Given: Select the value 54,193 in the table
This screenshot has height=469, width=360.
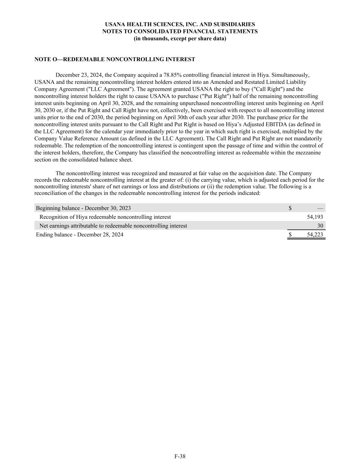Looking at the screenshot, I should [315, 217].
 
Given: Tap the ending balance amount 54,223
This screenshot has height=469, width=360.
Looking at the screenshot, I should [315, 235].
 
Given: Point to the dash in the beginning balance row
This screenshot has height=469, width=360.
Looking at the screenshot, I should [320, 208].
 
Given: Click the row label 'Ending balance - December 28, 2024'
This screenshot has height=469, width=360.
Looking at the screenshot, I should [80, 235].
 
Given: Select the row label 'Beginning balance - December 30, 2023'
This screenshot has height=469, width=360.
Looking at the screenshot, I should [83, 208].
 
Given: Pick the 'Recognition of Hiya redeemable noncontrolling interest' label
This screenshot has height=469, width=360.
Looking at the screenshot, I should [105, 217].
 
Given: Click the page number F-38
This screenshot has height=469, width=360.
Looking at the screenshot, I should [180, 456].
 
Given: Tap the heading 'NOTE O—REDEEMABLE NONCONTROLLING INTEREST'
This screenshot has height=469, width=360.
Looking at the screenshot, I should [115, 59].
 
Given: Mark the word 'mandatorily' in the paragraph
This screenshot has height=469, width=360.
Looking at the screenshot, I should [309, 138].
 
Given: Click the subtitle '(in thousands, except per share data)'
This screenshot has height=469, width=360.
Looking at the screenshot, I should [180, 38].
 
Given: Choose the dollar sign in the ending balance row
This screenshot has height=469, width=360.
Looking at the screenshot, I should [290, 235].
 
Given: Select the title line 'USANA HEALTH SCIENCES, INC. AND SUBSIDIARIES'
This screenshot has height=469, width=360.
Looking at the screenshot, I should [180, 24].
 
